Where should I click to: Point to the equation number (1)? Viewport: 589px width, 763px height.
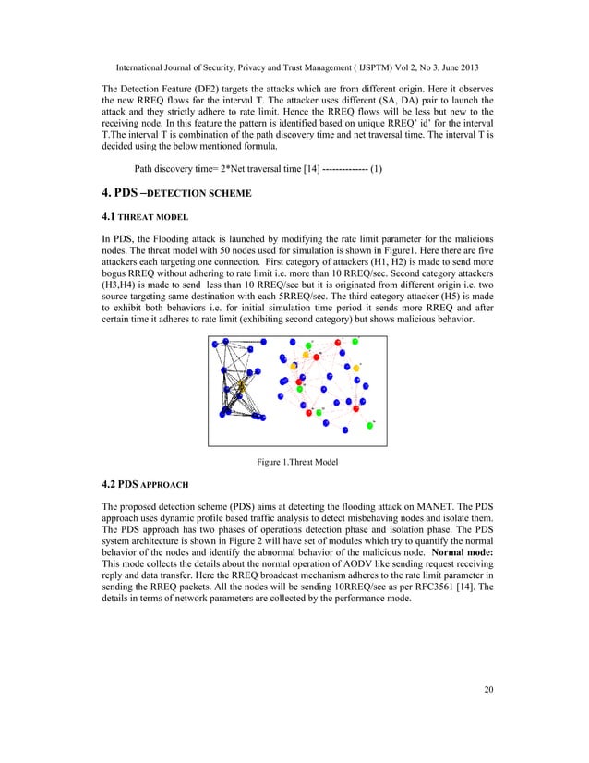376,170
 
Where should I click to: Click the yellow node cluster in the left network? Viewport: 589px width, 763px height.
242,382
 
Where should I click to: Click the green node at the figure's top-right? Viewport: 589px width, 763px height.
355,343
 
